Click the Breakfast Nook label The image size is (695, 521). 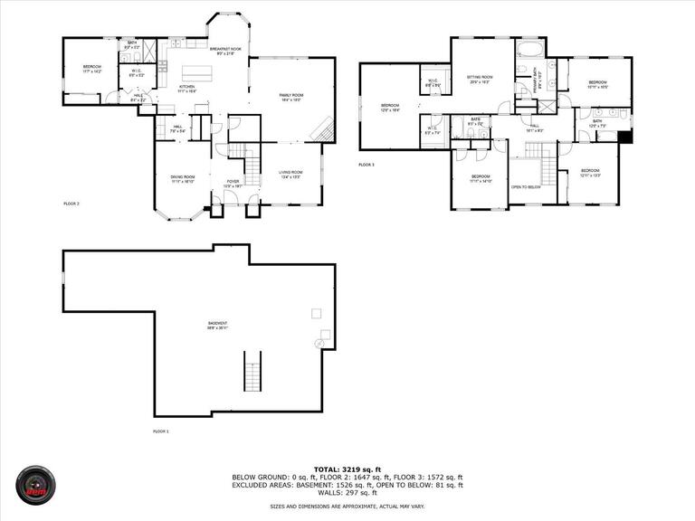coord(224,51)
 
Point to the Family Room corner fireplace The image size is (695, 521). coord(323,132)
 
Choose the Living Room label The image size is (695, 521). coord(290,176)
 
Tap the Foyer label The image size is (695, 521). coord(232,182)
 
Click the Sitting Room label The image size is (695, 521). coord(480,79)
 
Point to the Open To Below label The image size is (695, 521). coord(526,187)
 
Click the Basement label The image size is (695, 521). coord(217,325)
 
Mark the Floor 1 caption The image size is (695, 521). coord(160,431)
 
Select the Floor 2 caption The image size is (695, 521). coord(71,204)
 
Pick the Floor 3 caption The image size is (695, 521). coord(366,165)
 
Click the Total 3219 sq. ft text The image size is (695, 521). coord(347,469)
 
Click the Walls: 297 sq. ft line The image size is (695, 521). coord(347,493)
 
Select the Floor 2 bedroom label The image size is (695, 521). coord(92,68)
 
